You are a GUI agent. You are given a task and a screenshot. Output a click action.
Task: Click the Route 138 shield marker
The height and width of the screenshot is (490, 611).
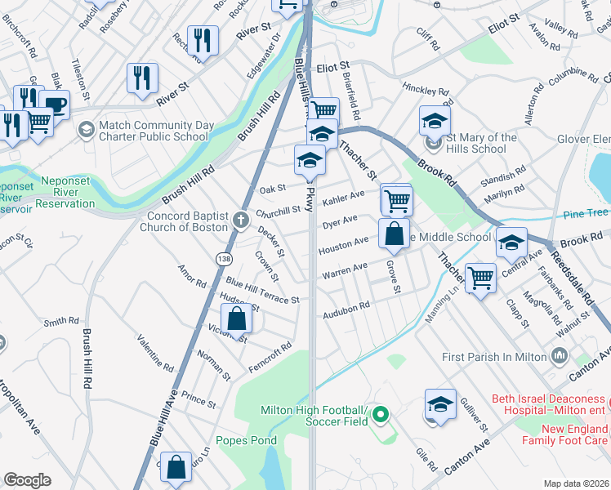223,258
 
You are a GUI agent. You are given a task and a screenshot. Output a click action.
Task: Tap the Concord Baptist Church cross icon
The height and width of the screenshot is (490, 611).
240,218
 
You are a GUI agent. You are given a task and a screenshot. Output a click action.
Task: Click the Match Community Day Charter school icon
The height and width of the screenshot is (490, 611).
86,129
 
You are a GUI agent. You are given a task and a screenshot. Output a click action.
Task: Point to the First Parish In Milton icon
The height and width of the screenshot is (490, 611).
560,355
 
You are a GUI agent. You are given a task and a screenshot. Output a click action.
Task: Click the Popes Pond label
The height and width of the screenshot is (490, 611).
246,440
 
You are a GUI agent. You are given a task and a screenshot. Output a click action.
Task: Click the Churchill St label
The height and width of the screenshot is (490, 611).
278,212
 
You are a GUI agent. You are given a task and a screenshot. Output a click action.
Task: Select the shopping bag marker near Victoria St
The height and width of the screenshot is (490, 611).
236,319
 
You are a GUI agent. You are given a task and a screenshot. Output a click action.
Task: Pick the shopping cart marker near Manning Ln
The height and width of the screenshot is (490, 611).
479,277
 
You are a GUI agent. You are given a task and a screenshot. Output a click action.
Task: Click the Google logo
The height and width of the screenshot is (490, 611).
27,480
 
